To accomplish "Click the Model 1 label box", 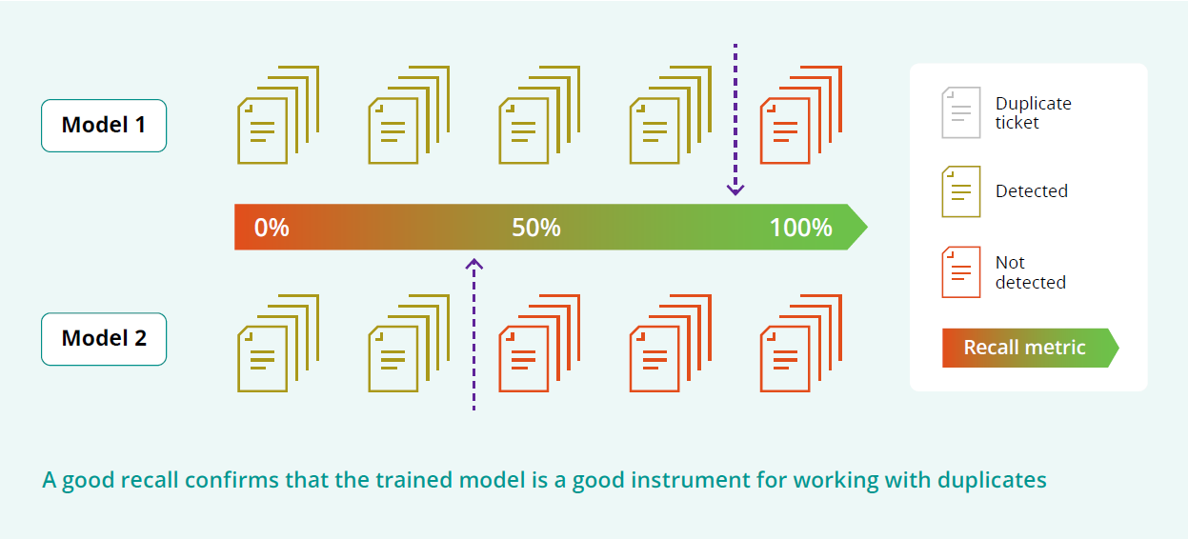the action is tap(104, 126).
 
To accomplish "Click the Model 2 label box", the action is tap(104, 339).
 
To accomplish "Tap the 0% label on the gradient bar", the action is tap(272, 228).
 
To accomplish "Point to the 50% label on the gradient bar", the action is tap(536, 228).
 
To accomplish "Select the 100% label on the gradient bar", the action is tap(801, 228).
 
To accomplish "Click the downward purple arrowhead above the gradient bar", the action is tap(735, 190).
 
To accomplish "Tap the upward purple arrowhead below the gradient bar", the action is tap(474, 264).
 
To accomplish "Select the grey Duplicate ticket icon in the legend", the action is tap(961, 112).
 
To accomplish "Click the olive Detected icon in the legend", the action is tap(961, 191).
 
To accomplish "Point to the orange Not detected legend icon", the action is tap(961, 272).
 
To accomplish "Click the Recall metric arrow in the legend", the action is tap(1031, 348).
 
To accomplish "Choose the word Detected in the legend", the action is tap(1032, 190).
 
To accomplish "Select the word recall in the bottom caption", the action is tap(150, 480).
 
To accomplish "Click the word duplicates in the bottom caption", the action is tap(992, 481).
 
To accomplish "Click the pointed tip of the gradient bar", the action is tap(868, 228).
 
